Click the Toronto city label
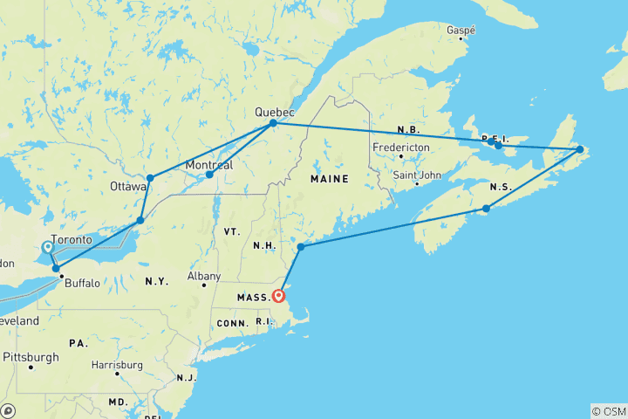(x=72, y=240)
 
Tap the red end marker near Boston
(x=278, y=295)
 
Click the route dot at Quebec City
(x=273, y=123)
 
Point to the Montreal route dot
(x=209, y=175)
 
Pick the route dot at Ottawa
(x=150, y=178)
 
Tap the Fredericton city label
(x=401, y=148)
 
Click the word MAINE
(x=329, y=179)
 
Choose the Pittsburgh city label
(x=31, y=357)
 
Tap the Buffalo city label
(x=83, y=283)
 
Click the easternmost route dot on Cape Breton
(x=579, y=150)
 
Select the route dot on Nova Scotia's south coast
(x=486, y=209)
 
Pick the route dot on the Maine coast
(x=301, y=247)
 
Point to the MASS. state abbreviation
(x=253, y=299)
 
